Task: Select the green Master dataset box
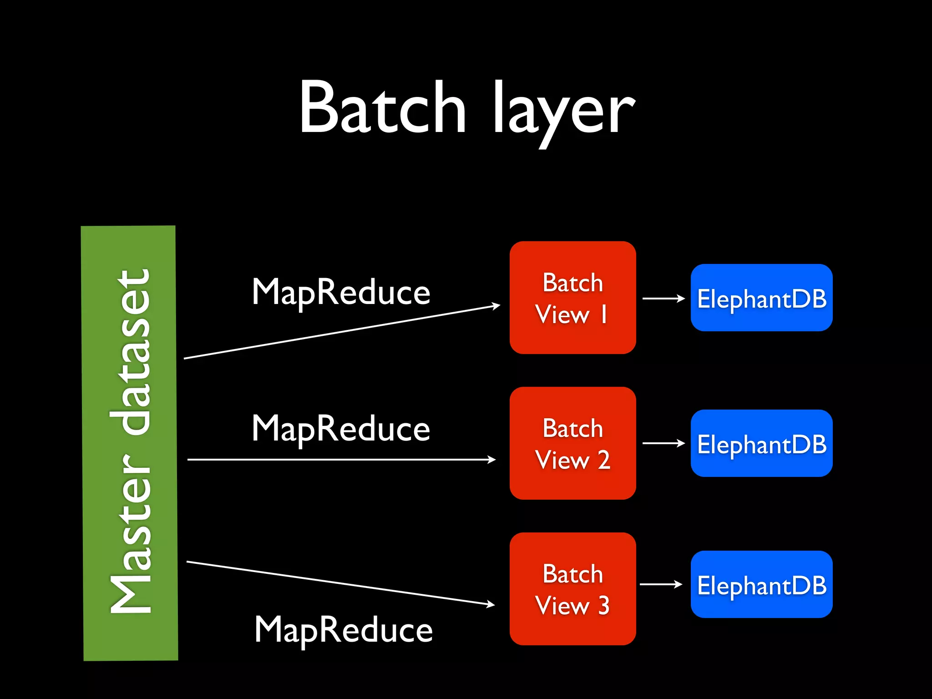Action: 130,442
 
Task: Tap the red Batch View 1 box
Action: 572,298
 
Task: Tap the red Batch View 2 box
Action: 572,443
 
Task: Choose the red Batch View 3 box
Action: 572,589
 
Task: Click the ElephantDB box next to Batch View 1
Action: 761,298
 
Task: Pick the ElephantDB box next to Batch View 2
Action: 761,443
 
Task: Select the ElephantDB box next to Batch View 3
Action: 761,584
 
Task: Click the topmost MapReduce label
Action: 341,292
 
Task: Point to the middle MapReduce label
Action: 341,429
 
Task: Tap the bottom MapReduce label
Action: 344,630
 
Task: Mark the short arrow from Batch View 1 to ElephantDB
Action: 663,299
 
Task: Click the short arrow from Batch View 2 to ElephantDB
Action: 663,443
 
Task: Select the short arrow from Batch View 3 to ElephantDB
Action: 661,584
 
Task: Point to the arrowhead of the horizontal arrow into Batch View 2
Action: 492,460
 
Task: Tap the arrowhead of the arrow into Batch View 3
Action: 491,604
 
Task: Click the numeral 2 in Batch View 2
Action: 604,460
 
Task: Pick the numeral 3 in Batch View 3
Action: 604,605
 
